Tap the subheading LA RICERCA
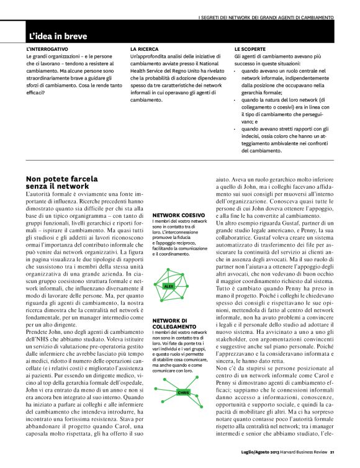pos(145,48)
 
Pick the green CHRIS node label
pos(182,393)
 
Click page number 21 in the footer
pos(333,452)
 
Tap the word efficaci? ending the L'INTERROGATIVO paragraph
pos(36,92)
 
